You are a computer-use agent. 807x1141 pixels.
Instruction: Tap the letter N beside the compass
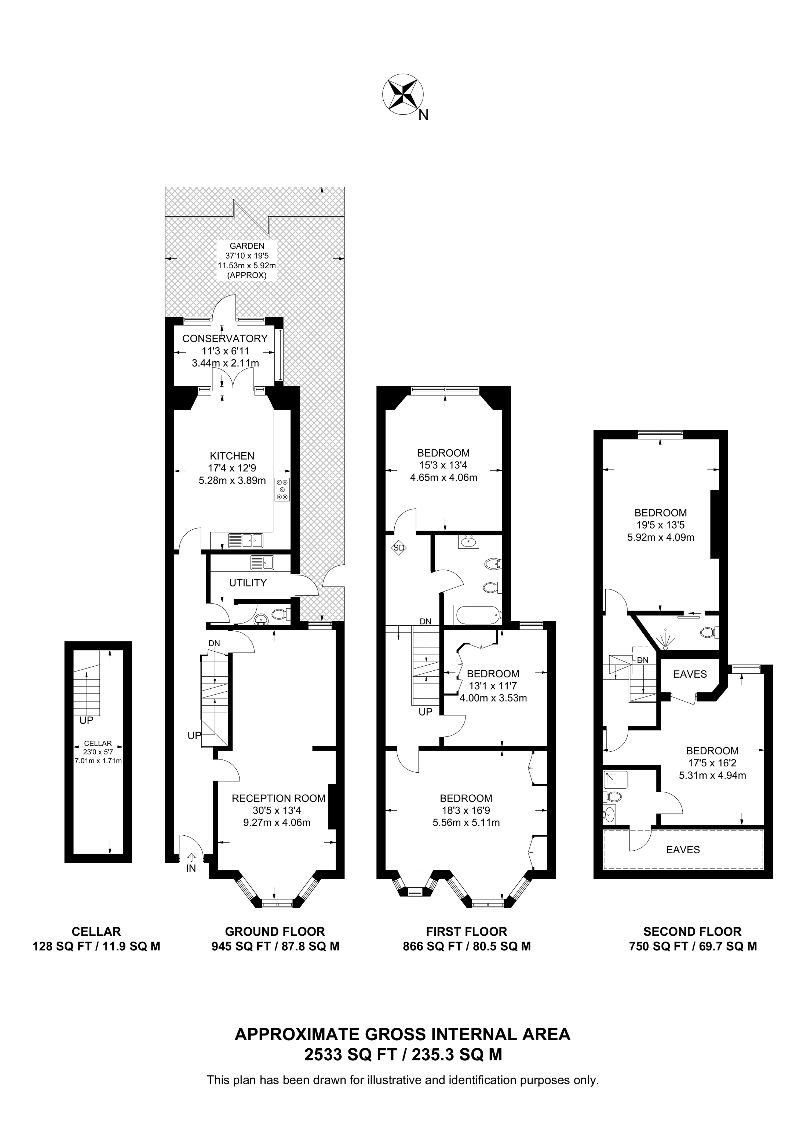pos(423,115)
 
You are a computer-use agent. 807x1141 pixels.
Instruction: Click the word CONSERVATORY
pos(225,338)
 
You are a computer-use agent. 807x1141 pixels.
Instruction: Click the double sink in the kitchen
pos(245,540)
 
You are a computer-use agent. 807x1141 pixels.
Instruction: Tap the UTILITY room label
pos(248,582)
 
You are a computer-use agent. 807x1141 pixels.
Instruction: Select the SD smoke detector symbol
pos(399,548)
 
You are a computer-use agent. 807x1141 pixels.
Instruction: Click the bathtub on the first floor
pos(473,615)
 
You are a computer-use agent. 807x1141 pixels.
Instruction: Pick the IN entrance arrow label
pos(191,868)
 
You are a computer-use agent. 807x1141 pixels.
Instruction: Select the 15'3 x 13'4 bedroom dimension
pos(443,465)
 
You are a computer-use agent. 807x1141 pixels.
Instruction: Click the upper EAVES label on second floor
pos(690,674)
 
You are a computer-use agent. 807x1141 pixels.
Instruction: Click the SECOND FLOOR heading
pos(692,932)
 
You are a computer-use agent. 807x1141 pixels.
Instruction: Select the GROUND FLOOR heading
pos(275,932)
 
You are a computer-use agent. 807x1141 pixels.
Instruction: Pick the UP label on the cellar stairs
pos(87,719)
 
